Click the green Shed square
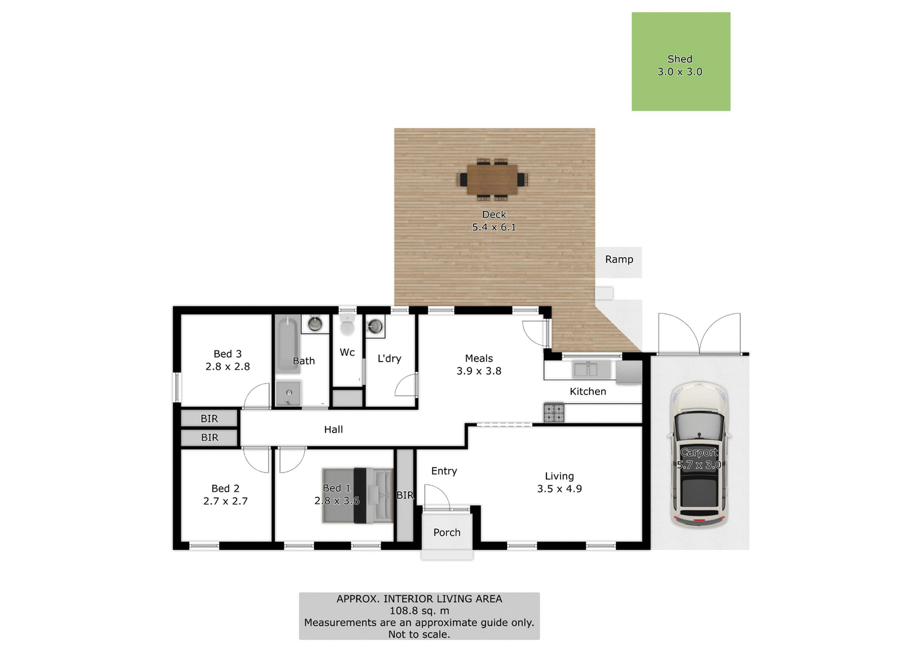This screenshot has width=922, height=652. click(x=680, y=61)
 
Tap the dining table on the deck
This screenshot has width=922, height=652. click(x=492, y=179)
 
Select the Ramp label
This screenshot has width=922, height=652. click(x=619, y=259)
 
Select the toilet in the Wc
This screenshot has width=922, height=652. click(x=347, y=325)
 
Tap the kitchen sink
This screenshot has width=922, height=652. click(x=585, y=369)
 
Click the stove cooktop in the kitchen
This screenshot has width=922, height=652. click(x=553, y=412)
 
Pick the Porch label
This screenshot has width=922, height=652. click(x=447, y=533)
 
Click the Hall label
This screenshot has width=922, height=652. click(x=333, y=430)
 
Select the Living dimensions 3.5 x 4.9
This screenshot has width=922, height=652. click(x=559, y=489)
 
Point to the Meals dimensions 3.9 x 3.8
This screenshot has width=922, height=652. click(x=479, y=371)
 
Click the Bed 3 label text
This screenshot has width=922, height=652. click(x=227, y=354)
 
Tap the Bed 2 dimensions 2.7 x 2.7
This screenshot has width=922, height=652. click(x=226, y=501)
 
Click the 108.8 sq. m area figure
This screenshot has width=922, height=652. click(x=419, y=611)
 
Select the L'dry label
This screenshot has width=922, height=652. click(x=389, y=358)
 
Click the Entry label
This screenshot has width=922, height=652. click(x=444, y=471)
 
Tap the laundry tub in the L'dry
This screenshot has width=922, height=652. click(x=375, y=326)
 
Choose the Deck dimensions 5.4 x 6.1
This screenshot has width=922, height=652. click(x=494, y=227)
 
